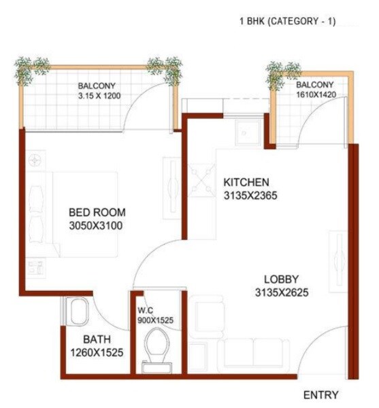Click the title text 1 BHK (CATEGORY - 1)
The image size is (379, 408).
coord(287,22)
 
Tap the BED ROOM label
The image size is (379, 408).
coord(96,212)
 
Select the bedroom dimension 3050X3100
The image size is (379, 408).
coord(96,226)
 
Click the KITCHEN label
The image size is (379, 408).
coord(246,182)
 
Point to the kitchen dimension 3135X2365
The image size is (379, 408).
coord(250,196)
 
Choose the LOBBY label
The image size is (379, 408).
coord(282,279)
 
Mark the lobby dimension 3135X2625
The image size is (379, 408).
coord(282,292)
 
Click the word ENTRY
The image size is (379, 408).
coord(320,395)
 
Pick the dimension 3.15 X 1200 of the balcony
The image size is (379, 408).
coord(99,96)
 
